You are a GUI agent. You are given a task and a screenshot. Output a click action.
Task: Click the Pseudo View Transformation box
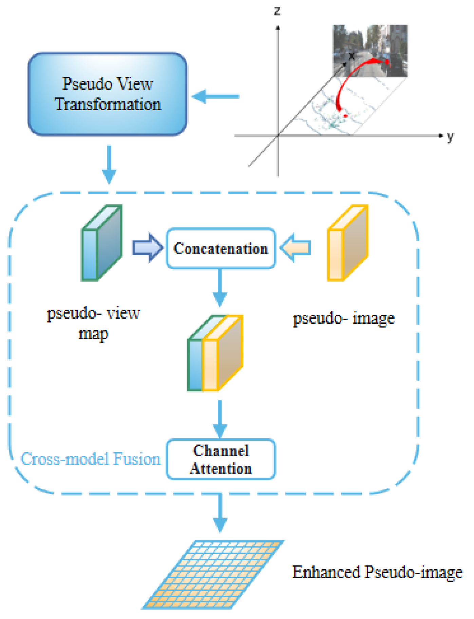[107, 94]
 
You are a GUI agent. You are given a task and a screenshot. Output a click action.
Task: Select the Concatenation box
[221, 248]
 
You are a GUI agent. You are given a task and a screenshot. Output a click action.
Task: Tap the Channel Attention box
[221, 459]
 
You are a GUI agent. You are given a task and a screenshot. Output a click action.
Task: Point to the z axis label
[277, 11]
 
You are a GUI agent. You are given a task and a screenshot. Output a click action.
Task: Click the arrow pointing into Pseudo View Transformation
[216, 97]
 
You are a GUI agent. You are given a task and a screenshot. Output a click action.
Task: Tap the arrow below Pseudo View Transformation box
[109, 164]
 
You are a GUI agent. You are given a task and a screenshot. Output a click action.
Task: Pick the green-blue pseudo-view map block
[101, 243]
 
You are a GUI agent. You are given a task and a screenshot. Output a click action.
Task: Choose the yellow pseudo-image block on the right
[347, 243]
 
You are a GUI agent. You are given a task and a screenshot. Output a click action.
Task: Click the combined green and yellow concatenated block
[215, 354]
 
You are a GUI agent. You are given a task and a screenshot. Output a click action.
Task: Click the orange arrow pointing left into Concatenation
[295, 248]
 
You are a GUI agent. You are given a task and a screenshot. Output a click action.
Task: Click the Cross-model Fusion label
[90, 459]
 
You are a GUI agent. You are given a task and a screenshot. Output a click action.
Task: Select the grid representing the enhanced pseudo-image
[213, 574]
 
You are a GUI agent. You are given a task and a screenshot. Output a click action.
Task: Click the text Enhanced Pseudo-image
[377, 573]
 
